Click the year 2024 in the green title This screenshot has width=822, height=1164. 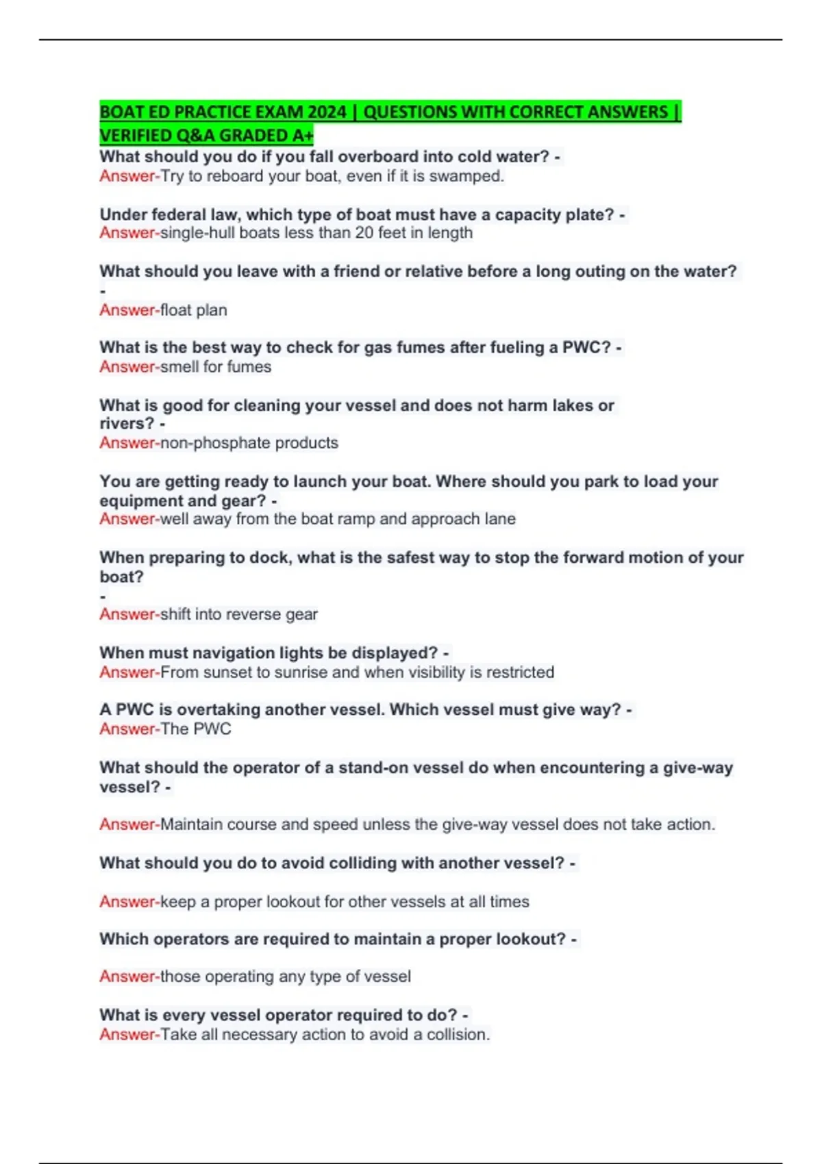(x=327, y=112)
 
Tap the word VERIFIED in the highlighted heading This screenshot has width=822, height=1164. (x=132, y=136)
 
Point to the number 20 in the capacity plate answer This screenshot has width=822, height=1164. (x=364, y=233)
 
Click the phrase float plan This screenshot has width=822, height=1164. (x=194, y=310)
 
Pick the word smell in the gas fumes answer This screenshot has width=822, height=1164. (x=179, y=367)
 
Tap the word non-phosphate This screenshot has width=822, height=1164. (x=215, y=443)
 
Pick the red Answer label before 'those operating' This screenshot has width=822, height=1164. (x=128, y=976)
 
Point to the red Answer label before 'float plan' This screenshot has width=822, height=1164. (x=128, y=310)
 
